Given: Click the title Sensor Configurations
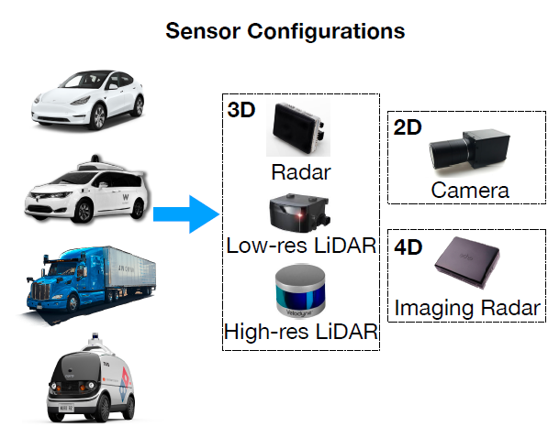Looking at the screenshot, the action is (x=285, y=31).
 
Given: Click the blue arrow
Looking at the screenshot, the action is (x=186, y=214).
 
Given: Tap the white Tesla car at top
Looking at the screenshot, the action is (x=88, y=100).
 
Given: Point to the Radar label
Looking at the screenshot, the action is (x=301, y=172).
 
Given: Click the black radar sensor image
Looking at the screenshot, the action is (x=298, y=128).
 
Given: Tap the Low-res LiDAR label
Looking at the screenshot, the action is (x=301, y=246).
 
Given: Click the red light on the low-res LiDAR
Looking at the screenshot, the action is (x=299, y=215).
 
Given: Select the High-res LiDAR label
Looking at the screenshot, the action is (x=301, y=331).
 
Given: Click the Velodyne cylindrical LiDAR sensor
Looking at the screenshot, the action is (x=300, y=291).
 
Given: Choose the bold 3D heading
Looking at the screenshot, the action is (x=241, y=110).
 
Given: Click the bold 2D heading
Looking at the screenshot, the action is (x=408, y=127).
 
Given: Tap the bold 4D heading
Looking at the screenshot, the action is (x=408, y=247).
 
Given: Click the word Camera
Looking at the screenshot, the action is (x=470, y=191).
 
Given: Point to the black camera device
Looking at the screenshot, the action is (x=469, y=150).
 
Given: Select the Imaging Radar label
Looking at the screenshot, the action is (x=467, y=309).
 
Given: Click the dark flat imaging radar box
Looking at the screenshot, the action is (x=467, y=263).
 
